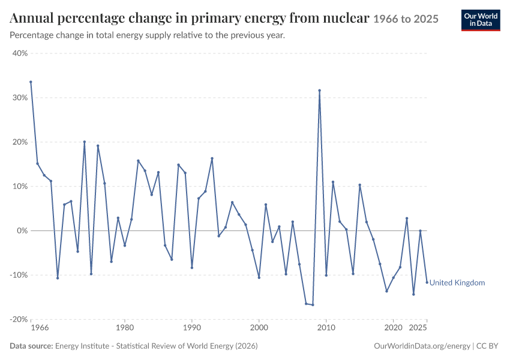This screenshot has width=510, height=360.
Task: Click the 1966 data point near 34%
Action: pyautogui.click(x=31, y=82)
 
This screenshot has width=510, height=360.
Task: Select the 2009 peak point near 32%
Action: pyautogui.click(x=319, y=91)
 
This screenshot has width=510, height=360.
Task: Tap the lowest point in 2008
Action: pyautogui.click(x=313, y=305)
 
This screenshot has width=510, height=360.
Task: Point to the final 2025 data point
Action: pyautogui.click(x=427, y=282)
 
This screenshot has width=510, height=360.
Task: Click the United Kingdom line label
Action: pyautogui.click(x=457, y=283)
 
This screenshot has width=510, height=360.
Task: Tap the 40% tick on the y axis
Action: pyautogui.click(x=20, y=53)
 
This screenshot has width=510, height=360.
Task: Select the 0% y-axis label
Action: pyautogui.click(x=22, y=230)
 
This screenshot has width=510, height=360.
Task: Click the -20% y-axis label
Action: pyautogui.click(x=19, y=319)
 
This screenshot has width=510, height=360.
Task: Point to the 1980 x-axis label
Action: pyautogui.click(x=125, y=328)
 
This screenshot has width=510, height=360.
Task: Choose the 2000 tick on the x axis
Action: pyautogui.click(x=259, y=328)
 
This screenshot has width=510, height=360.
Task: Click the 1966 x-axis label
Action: pyautogui.click(x=40, y=328)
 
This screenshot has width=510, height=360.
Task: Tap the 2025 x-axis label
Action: pyautogui.click(x=418, y=328)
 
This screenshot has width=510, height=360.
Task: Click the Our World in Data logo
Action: pyautogui.click(x=481, y=20)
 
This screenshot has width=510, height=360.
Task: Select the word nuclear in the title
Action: pyautogui.click(x=346, y=18)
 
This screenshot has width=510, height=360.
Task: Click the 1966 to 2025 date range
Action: pyautogui.click(x=406, y=19)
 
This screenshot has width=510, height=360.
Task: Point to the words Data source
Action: pyautogui.click(x=31, y=346)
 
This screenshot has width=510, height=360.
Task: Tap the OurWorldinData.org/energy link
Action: pyautogui.click(x=422, y=346)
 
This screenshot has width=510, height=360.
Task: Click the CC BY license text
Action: pyautogui.click(x=487, y=346)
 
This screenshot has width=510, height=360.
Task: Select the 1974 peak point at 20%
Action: pyautogui.click(x=85, y=142)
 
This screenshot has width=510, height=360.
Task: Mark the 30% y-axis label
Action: pyautogui.click(x=20, y=98)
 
